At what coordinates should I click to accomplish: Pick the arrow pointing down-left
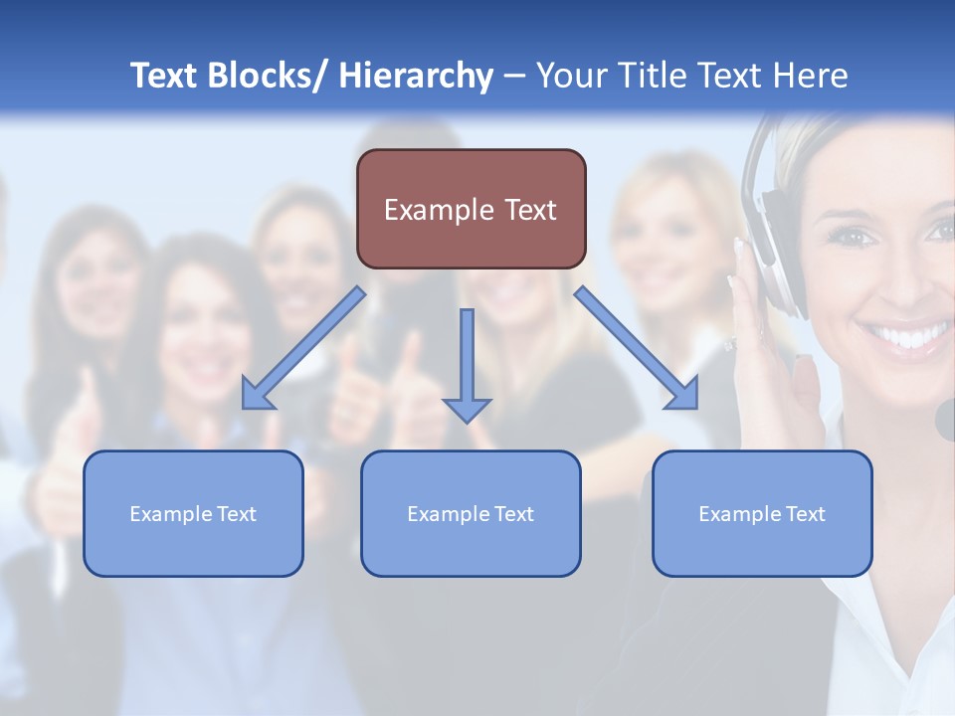(x=302, y=349)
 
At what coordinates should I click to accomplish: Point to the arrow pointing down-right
(x=637, y=349)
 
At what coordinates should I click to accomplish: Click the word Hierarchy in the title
(x=416, y=76)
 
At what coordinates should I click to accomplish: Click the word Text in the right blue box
(x=805, y=514)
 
